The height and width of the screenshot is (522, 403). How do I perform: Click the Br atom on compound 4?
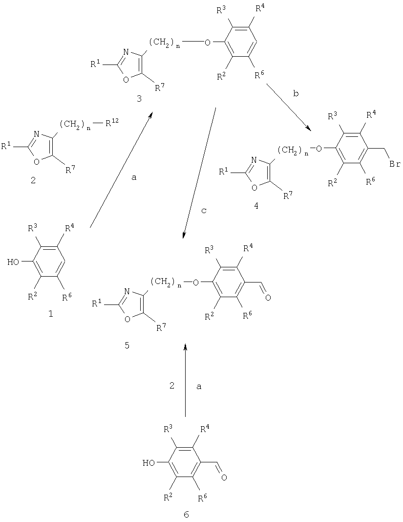point(394,165)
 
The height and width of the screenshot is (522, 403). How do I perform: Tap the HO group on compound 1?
point(14,262)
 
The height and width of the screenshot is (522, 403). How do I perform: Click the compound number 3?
point(139,99)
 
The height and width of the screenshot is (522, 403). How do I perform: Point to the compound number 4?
point(256,206)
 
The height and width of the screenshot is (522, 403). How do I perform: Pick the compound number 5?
point(127,345)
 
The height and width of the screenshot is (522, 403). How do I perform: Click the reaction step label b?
point(296,93)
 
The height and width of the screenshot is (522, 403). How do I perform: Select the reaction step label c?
point(205,211)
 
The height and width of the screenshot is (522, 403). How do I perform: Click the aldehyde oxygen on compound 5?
point(268,297)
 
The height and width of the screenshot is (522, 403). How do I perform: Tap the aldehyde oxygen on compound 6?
point(224,478)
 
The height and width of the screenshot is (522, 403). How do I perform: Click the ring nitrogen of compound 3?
point(126,52)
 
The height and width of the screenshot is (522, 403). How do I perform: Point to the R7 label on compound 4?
point(288,195)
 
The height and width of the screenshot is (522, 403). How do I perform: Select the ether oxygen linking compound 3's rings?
point(208,43)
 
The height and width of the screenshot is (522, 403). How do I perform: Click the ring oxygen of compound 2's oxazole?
point(37,162)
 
